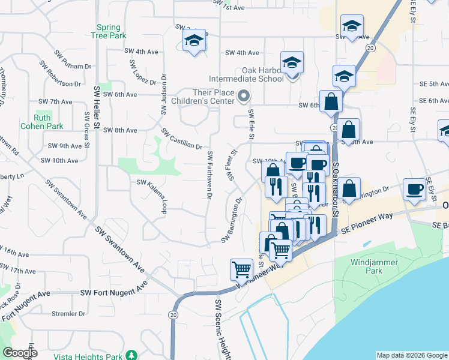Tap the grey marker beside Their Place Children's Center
(243, 96)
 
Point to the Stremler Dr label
(68, 313)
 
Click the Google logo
(20, 353)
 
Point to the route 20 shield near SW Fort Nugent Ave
(173, 314)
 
